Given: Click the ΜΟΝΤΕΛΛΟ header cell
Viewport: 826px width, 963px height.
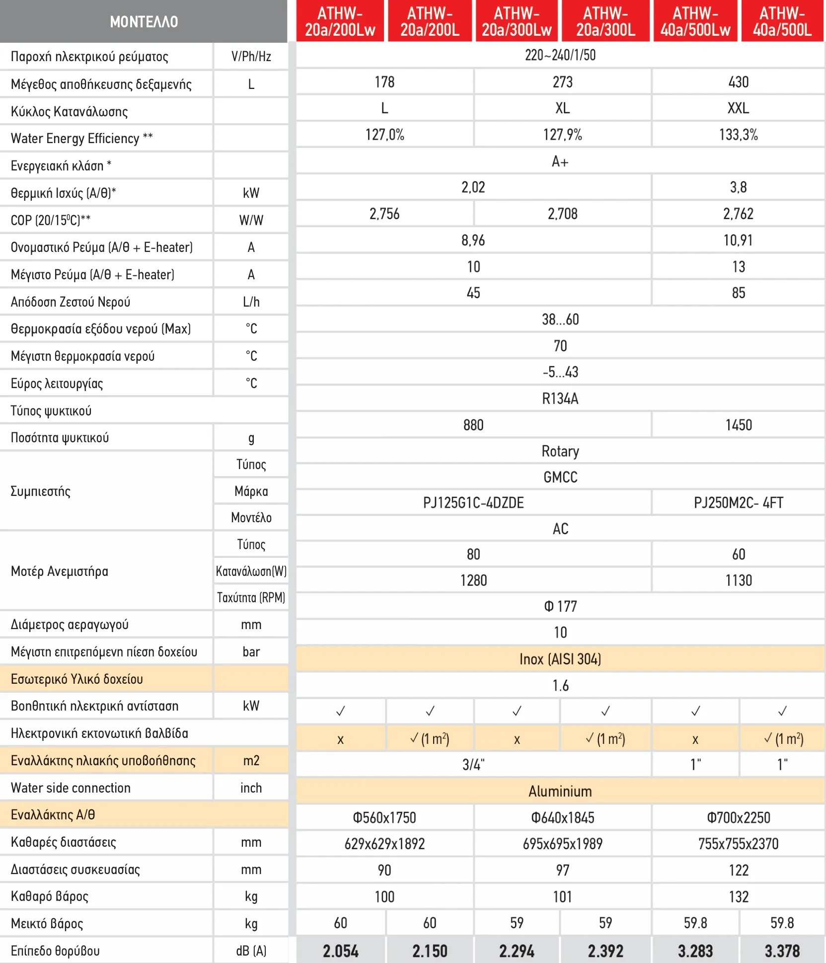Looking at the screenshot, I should (144, 21).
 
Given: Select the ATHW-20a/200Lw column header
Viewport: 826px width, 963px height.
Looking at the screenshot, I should (340, 21).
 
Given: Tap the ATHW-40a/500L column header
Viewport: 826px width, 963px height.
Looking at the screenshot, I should (782, 21).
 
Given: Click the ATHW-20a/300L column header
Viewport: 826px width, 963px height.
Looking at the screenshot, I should (605, 21).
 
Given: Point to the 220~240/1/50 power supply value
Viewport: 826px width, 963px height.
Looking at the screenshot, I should (560, 55).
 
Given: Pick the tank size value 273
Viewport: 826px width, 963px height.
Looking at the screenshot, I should (562, 82).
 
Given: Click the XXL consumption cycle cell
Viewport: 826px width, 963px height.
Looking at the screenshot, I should (738, 108).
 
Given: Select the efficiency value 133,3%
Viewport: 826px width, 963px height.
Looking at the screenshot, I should (738, 135).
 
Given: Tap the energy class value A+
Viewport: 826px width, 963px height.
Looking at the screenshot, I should (560, 161).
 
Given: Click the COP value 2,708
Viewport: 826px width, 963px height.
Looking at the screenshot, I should (562, 214).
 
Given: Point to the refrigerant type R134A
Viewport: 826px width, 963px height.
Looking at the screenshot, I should (560, 399).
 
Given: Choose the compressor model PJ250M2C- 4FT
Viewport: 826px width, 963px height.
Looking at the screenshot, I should (738, 503).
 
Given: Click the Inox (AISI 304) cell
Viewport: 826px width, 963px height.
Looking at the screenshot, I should (560, 659).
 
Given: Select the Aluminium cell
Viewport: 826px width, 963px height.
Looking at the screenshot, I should (560, 791).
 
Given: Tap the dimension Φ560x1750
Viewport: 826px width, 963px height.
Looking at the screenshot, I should (384, 817).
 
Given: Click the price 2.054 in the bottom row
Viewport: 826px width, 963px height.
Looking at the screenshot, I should (340, 951).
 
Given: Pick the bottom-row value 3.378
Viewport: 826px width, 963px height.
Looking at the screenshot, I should (782, 951).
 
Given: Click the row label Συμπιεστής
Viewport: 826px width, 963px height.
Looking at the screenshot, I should (41, 491).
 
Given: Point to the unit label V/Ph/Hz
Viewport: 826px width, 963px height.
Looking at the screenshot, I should (251, 57).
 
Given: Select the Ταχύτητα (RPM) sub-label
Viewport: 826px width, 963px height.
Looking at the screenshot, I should (251, 597).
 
